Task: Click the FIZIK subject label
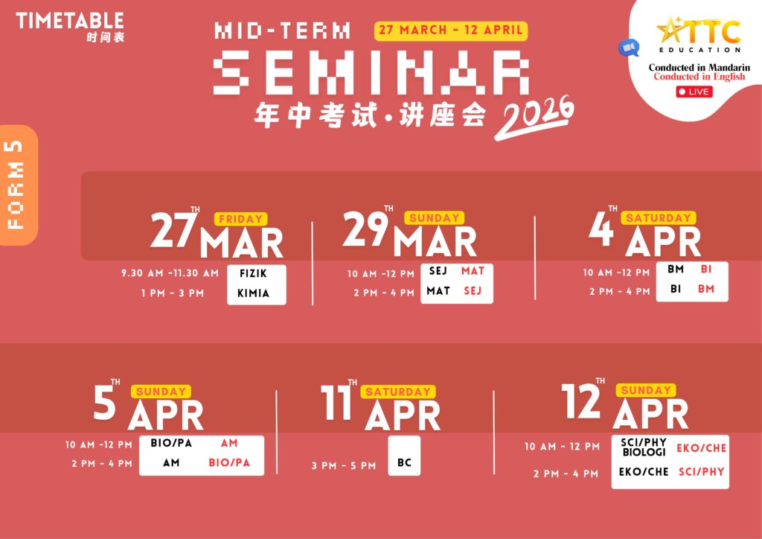(x=253, y=274)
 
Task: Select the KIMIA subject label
(x=253, y=293)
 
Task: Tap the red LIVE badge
(x=694, y=92)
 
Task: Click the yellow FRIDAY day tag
(x=240, y=219)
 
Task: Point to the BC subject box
(x=404, y=456)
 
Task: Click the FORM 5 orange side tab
(x=18, y=185)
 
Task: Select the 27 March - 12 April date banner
(x=450, y=30)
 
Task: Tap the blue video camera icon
(x=629, y=48)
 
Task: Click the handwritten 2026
(x=534, y=117)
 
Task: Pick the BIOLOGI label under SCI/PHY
(x=644, y=452)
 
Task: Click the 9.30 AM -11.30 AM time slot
(x=170, y=273)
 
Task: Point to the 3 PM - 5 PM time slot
(x=344, y=465)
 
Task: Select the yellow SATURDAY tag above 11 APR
(x=398, y=392)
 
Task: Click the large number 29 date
(x=366, y=229)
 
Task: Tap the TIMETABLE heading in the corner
(x=70, y=21)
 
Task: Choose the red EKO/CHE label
(x=701, y=448)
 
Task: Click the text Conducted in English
(x=699, y=76)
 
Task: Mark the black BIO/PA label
(x=171, y=443)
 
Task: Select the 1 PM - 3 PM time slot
(x=173, y=293)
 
